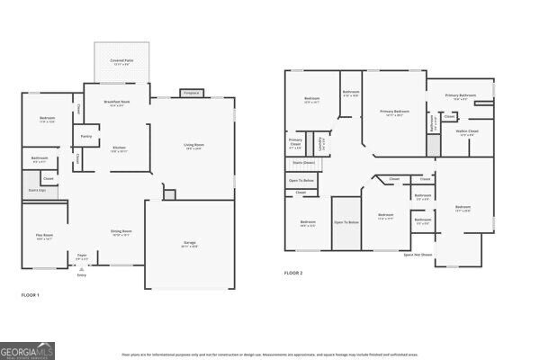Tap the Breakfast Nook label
point(116,103)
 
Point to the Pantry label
point(86,137)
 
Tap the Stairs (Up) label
point(35,191)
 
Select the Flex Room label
point(43,237)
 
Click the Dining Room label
point(121,232)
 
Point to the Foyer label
point(82,256)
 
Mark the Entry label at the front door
point(82,274)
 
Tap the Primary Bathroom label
point(460,95)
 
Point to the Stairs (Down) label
point(304,163)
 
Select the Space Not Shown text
point(418,255)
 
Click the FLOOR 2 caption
point(293,272)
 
